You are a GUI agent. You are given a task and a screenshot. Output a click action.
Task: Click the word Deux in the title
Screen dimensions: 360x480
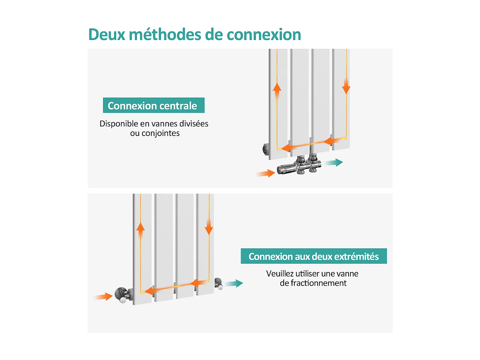106,35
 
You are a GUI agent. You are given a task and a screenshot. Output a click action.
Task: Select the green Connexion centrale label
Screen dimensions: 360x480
154,105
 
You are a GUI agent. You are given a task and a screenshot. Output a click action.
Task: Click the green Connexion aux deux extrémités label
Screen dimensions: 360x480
314,256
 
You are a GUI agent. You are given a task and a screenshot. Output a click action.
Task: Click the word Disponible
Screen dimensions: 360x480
119,124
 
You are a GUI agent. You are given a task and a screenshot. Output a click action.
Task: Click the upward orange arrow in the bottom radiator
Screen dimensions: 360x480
140,229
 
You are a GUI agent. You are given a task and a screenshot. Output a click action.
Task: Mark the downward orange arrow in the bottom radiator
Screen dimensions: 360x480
209,227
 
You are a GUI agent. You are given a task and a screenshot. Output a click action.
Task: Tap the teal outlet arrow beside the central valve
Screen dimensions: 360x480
334,163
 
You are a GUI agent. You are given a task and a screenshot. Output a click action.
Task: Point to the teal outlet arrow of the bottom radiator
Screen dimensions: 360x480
234,284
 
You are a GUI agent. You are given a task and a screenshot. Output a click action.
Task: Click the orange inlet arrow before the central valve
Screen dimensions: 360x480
266,173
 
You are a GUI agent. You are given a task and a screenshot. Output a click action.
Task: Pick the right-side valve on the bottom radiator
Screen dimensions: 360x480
219,284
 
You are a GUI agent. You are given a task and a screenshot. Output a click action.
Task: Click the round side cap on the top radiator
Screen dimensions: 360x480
266,149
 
